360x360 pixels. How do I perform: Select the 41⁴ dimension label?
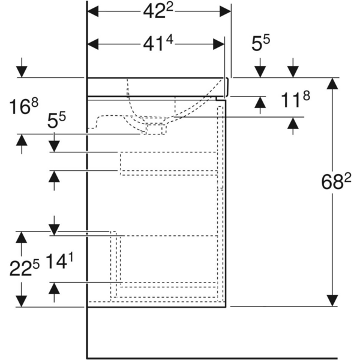point(158,43)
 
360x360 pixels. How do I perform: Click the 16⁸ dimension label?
point(24,107)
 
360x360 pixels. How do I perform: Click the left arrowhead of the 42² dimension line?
point(94,11)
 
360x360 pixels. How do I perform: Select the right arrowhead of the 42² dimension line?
point(225,11)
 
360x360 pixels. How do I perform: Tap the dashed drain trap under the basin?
point(157,128)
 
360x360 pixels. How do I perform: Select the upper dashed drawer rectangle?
point(168,163)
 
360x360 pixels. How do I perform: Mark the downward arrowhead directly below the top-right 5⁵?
point(260,71)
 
